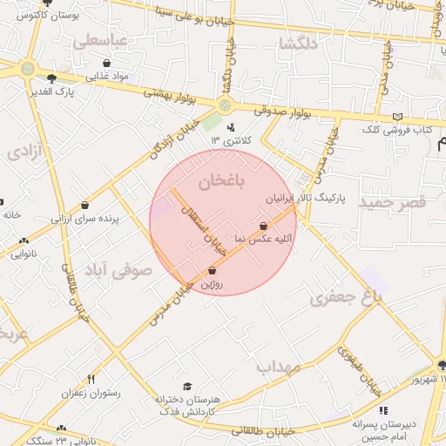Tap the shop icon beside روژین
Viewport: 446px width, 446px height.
pyautogui.click(x=213, y=270)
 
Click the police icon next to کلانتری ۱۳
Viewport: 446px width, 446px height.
pyautogui.click(x=231, y=126)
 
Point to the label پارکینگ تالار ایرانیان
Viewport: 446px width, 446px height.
pyautogui.click(x=306, y=199)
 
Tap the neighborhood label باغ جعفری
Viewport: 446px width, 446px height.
pyautogui.click(x=347, y=298)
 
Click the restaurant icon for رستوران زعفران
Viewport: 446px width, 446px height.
pyautogui.click(x=91, y=379)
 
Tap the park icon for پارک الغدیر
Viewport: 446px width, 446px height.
pyautogui.click(x=51, y=78)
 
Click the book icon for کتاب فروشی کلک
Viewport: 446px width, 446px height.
pyautogui.click(x=397, y=117)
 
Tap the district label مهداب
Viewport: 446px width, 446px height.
pyautogui.click(x=279, y=368)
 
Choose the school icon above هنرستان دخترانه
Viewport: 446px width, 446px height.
pyautogui.click(x=186, y=387)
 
